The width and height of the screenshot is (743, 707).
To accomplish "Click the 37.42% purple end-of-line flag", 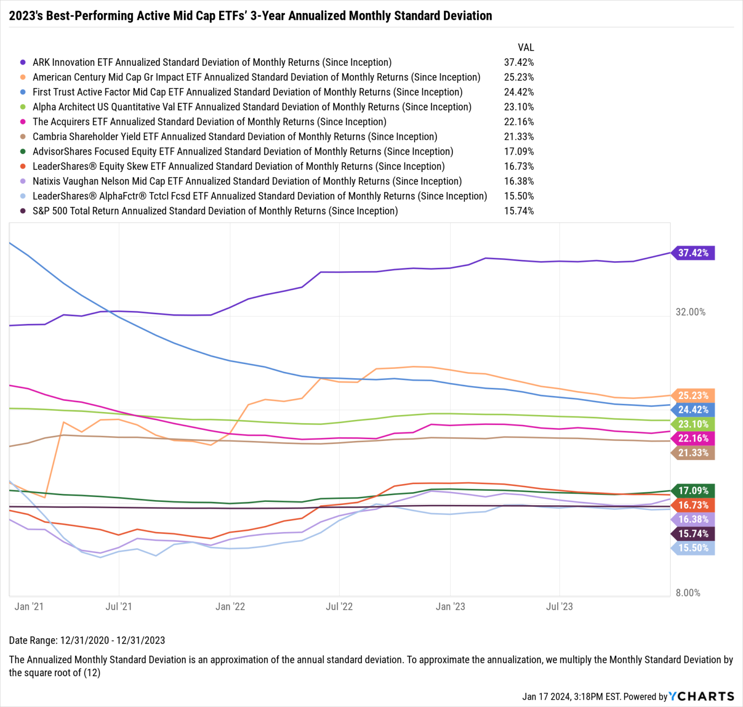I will tap(693, 253).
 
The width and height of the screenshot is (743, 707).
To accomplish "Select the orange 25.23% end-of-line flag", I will tap(693, 396).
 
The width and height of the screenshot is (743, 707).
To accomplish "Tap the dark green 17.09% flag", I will tap(693, 490).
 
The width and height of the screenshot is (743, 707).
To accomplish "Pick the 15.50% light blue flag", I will tap(693, 548).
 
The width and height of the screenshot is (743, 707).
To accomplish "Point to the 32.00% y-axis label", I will tap(690, 312).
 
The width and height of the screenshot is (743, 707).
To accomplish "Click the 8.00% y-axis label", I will tap(688, 593).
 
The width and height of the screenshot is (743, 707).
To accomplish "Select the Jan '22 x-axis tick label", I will tap(230, 606).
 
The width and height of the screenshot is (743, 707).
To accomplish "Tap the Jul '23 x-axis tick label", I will tap(559, 606).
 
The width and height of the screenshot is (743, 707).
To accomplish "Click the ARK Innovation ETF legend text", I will tap(212, 62).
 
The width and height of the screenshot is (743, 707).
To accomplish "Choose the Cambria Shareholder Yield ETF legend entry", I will tap(235, 137).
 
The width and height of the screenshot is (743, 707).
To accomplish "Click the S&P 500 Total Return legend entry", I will tap(215, 211).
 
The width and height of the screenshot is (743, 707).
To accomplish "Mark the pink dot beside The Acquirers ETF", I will tap(23, 122).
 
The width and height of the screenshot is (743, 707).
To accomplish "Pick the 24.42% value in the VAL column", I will tap(519, 92).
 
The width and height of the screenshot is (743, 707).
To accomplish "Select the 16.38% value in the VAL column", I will tap(519, 181).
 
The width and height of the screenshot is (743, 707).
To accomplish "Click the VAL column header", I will tap(526, 47).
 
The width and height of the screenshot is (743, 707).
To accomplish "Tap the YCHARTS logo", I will tap(701, 696).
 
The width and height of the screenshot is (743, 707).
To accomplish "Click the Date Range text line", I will tap(87, 640).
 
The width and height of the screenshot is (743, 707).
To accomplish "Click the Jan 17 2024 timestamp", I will tap(571, 697).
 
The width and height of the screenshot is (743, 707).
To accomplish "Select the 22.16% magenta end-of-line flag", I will tap(693, 439).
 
